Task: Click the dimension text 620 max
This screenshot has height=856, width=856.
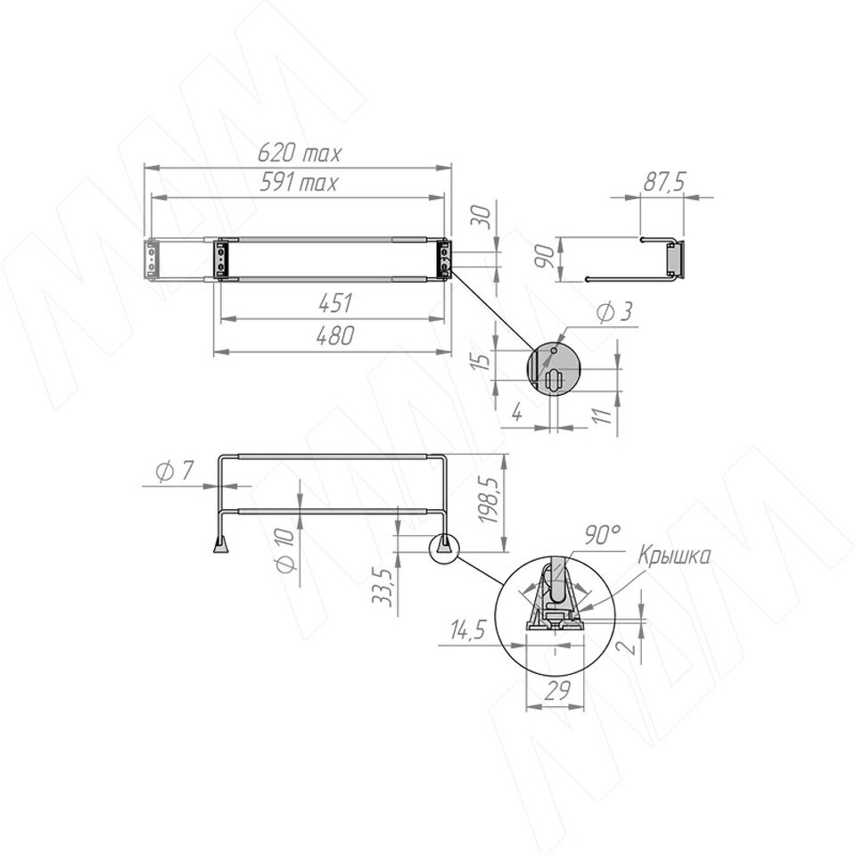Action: [300, 153]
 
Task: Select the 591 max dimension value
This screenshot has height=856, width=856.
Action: [298, 182]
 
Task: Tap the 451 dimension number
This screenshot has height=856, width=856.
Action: [335, 303]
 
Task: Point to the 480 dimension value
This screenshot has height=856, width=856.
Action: [335, 336]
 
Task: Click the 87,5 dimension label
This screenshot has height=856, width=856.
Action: [663, 182]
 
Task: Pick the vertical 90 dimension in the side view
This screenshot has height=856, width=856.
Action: [546, 256]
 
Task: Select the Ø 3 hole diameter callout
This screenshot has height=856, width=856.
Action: [614, 313]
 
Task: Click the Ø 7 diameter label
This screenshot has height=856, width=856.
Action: [174, 471]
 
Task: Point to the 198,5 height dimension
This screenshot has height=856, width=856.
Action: [488, 500]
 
